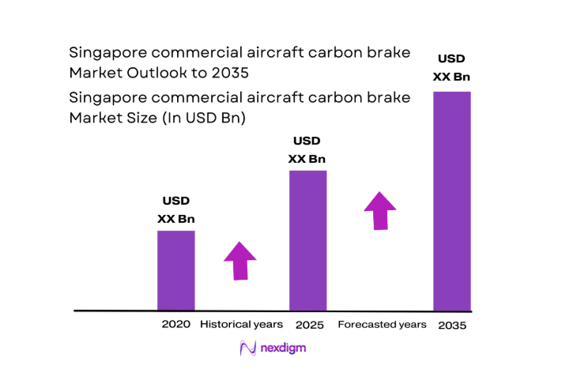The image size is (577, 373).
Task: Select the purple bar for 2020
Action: pos(175,270)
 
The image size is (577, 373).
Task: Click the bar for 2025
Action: pos(307,240)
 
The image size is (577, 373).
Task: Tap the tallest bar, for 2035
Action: pos(452,201)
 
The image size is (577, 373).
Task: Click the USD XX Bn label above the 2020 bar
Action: pos(175,210)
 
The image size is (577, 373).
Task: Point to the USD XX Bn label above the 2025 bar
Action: pos(307,150)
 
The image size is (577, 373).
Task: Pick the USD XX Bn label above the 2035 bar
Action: pos(452,68)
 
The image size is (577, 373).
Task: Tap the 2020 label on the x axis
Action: pos(175,325)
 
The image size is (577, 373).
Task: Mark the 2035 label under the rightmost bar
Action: pos(452,325)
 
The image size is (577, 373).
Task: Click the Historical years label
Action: pos(241,325)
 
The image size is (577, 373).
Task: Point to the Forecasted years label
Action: pos(382,325)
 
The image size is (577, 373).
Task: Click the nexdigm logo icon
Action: pos(247,348)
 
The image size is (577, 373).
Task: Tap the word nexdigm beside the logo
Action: pos(283,348)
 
